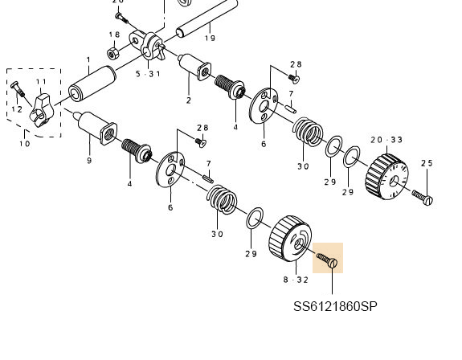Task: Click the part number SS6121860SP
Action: click(x=335, y=307)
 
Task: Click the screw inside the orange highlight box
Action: click(x=327, y=260)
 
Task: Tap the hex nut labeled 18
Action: click(x=112, y=53)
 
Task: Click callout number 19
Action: click(x=210, y=38)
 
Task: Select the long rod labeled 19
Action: click(x=206, y=18)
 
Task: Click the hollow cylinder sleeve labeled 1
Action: click(x=92, y=84)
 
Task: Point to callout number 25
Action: click(x=427, y=163)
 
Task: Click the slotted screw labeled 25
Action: click(x=423, y=198)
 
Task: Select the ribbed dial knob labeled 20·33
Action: click(x=386, y=177)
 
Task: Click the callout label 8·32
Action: click(x=296, y=280)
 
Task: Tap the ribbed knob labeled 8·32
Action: click(x=290, y=239)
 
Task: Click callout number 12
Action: click(x=17, y=109)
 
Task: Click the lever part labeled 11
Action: click(x=42, y=110)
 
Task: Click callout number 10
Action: click(x=25, y=144)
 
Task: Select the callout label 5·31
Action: click(x=148, y=74)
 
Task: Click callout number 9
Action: click(x=89, y=161)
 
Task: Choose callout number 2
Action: click(x=189, y=100)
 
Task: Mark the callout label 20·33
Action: click(x=386, y=140)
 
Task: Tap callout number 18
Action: click(x=114, y=35)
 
